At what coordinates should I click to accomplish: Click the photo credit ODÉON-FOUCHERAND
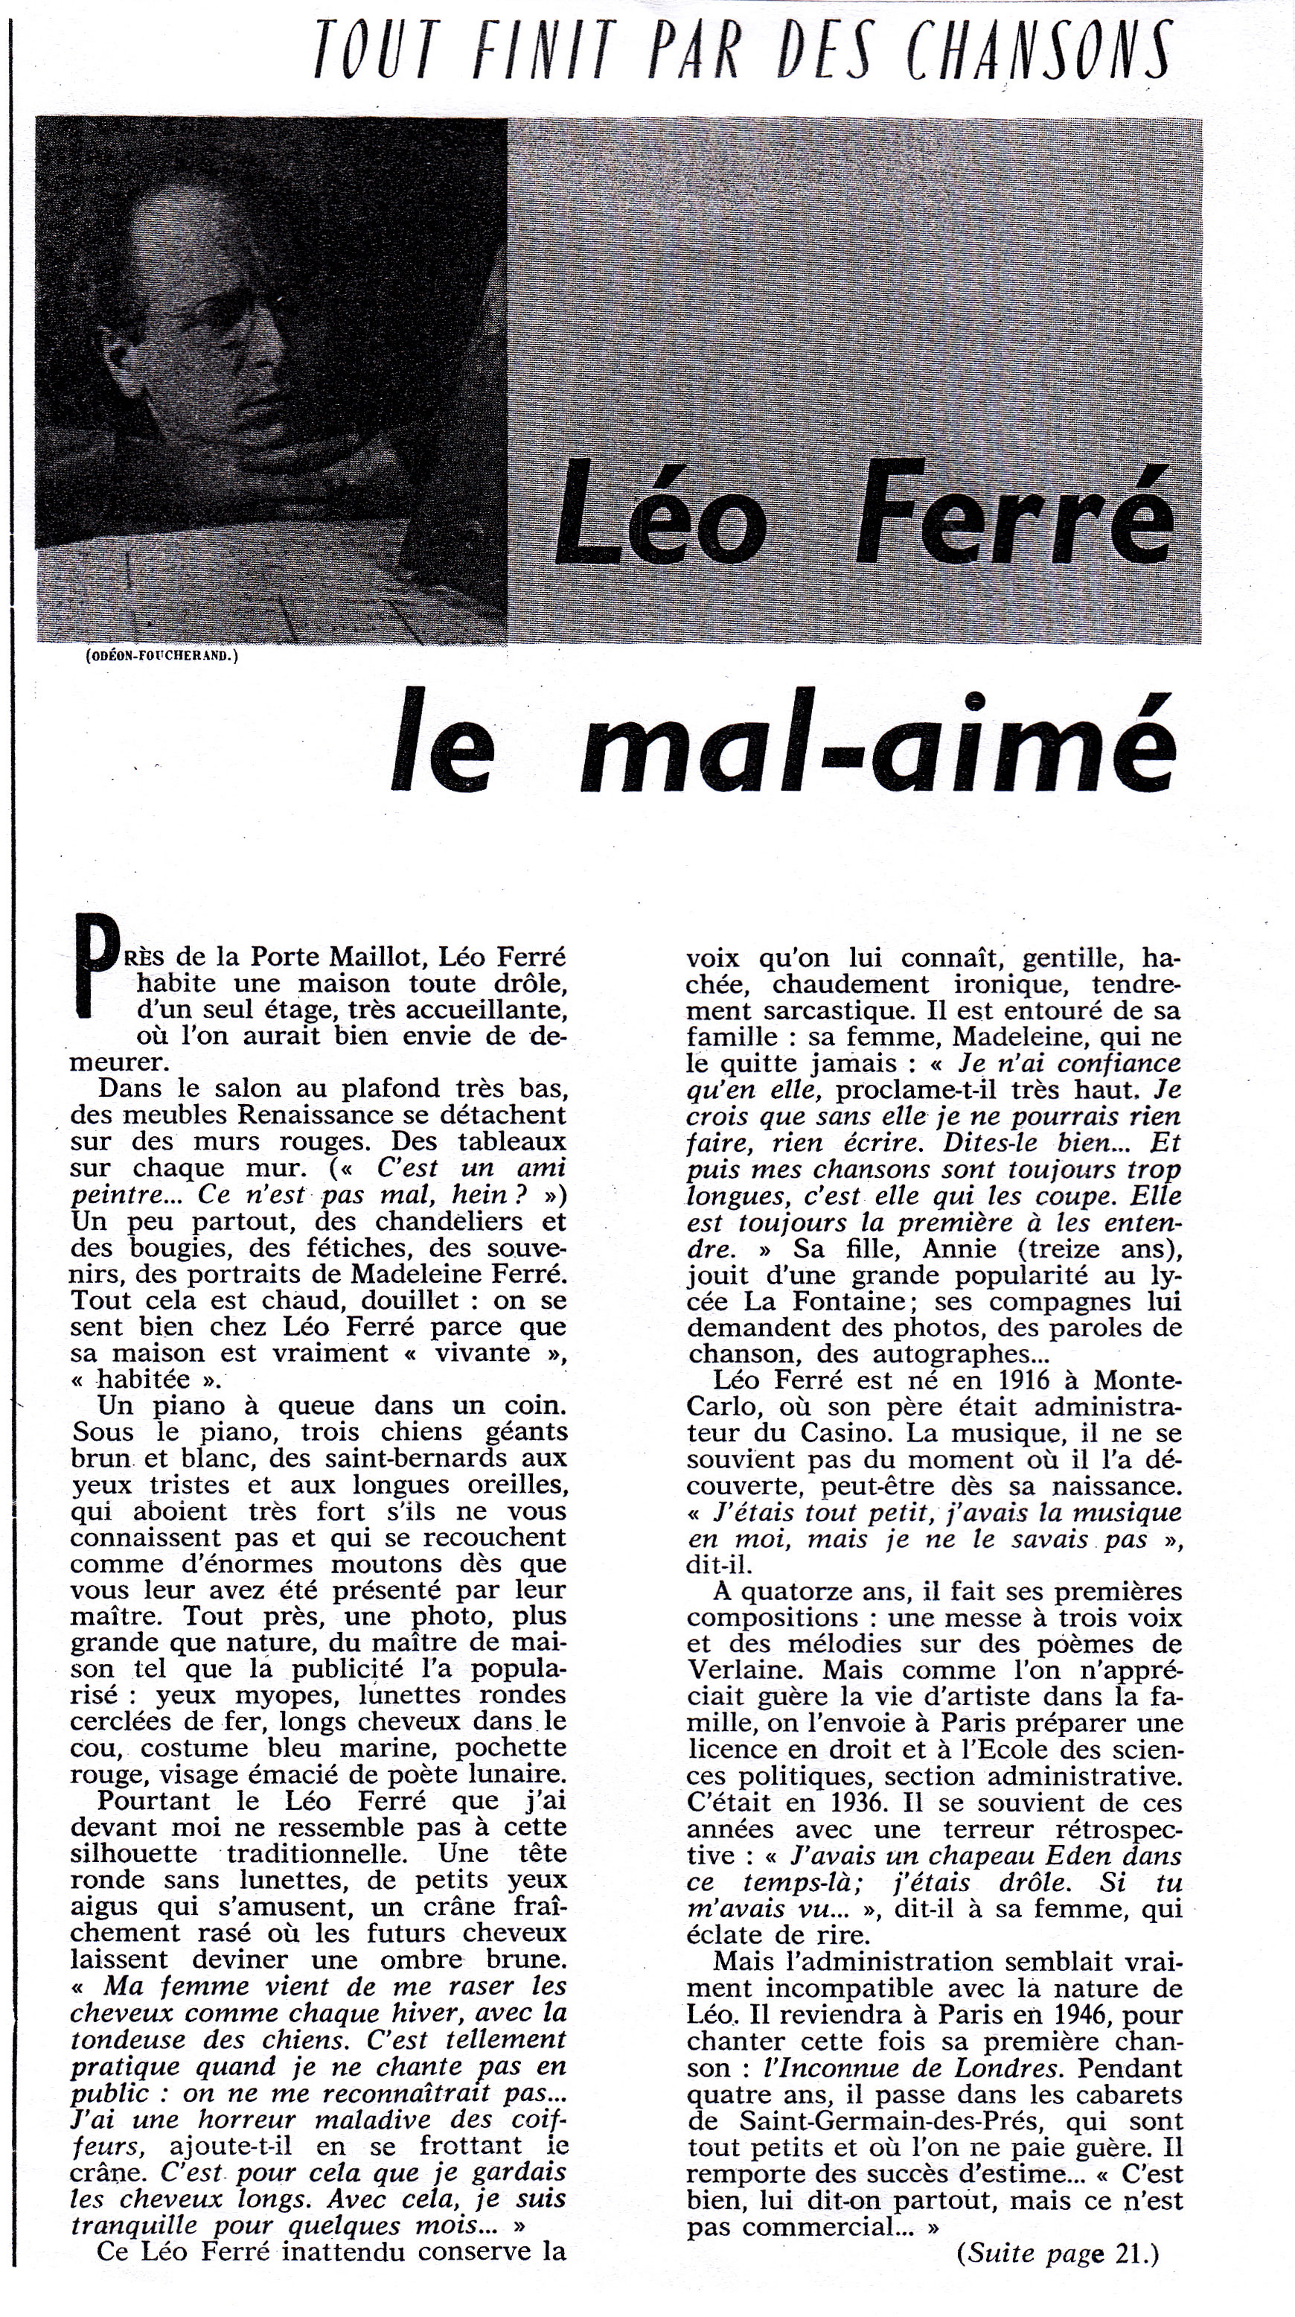click(163, 656)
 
